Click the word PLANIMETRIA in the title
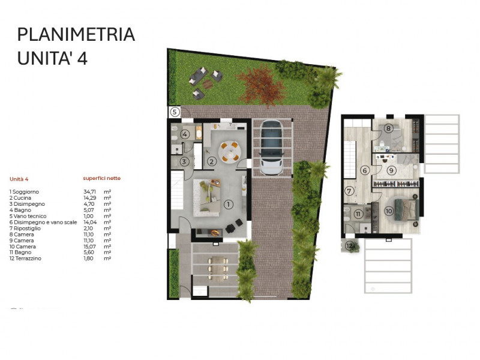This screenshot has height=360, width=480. coord(76,34)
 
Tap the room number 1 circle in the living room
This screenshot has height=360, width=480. coord(228,204)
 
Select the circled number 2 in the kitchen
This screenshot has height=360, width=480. coord(211,161)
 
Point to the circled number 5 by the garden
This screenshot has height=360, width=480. coord(175,112)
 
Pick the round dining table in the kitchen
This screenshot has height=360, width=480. coord(229,151)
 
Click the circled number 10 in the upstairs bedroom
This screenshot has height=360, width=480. coord(389,211)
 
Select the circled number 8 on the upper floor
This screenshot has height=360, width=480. coord(389,128)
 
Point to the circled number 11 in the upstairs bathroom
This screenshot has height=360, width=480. coord(358,214)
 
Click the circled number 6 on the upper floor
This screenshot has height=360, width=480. coord(364,170)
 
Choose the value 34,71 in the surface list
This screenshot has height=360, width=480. coord(90,192)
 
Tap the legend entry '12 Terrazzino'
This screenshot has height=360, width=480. coord(27,259)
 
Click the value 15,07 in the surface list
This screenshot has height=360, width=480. coord(90,247)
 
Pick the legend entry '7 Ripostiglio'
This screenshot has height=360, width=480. coord(26,228)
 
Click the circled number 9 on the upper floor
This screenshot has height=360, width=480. coord(391,170)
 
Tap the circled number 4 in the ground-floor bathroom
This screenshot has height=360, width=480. coord(185,134)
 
